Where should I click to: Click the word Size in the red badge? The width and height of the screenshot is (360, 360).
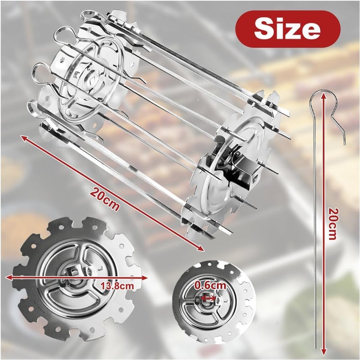[x=287, y=29]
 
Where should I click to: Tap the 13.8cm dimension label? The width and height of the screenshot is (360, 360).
[x=117, y=286]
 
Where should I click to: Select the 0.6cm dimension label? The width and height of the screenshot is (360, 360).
[x=210, y=285]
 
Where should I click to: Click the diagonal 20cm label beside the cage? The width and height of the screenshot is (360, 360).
[x=105, y=199]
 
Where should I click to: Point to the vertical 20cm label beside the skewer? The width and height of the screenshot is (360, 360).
[x=333, y=224]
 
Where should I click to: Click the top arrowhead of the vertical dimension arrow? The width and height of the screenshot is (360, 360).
[x=324, y=95]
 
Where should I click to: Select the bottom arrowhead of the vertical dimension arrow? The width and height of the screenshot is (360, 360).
[x=324, y=351]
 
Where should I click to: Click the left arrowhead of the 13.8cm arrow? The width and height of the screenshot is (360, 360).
[x=9, y=277]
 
